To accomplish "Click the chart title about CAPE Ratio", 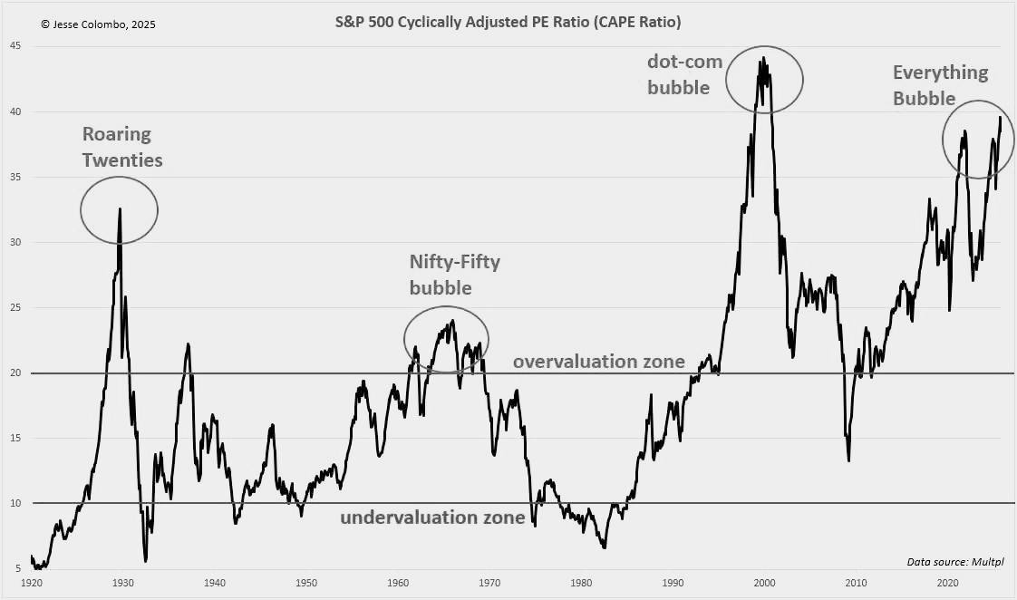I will click(508, 21).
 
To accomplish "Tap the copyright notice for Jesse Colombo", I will click(98, 24).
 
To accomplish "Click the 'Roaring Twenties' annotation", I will click(122, 147).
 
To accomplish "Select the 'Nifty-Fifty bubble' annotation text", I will click(454, 274).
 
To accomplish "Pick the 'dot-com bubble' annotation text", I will click(686, 73).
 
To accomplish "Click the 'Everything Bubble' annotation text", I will click(940, 85).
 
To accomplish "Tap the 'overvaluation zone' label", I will click(598, 362).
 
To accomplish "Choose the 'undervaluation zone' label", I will click(432, 518).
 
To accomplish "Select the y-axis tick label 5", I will click(17, 568).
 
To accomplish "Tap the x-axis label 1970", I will click(489, 584).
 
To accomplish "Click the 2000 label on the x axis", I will click(765, 584).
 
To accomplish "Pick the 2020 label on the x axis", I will click(948, 584).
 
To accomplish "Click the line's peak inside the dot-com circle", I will click(763, 58).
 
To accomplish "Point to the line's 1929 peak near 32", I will click(120, 208).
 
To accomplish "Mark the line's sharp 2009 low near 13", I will click(848, 461).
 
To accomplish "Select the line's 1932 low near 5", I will click(145, 561).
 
